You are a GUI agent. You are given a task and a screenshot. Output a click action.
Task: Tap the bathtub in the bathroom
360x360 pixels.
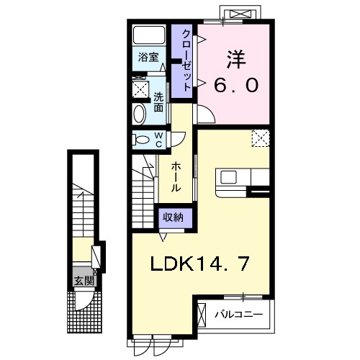(150, 36)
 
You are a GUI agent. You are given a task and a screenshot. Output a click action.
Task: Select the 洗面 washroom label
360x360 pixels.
(158, 100)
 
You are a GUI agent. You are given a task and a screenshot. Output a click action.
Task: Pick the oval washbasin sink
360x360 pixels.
(139, 114)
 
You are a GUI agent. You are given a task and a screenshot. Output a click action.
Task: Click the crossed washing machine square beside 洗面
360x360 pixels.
(140, 89)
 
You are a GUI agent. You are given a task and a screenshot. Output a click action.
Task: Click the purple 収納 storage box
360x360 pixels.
(171, 217)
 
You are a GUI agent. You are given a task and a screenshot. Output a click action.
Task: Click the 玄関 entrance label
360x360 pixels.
(78, 280)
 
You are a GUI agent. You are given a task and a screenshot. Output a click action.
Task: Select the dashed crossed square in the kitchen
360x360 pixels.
(261, 138)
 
